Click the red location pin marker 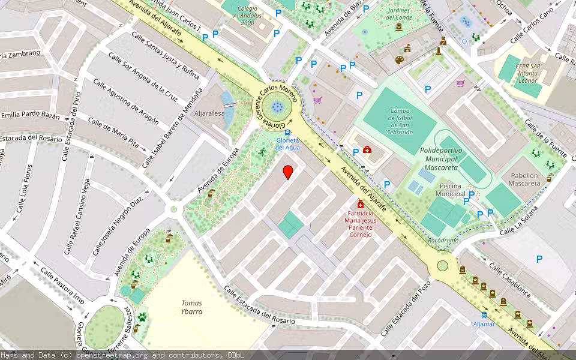pos(288,172)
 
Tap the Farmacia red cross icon pos(361,204)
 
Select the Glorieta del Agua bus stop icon pos(289,133)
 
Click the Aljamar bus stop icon pos(484,314)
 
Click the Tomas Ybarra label pos(192,307)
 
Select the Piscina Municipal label pos(451,190)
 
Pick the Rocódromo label pos(443,241)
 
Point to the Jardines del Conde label pos(398,13)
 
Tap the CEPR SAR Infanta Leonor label pos(529,74)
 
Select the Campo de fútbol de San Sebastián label pos(400,121)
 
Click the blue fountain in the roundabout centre pos(277,107)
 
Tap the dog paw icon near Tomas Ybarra pos(142,316)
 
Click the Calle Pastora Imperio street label pos(62,285)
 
